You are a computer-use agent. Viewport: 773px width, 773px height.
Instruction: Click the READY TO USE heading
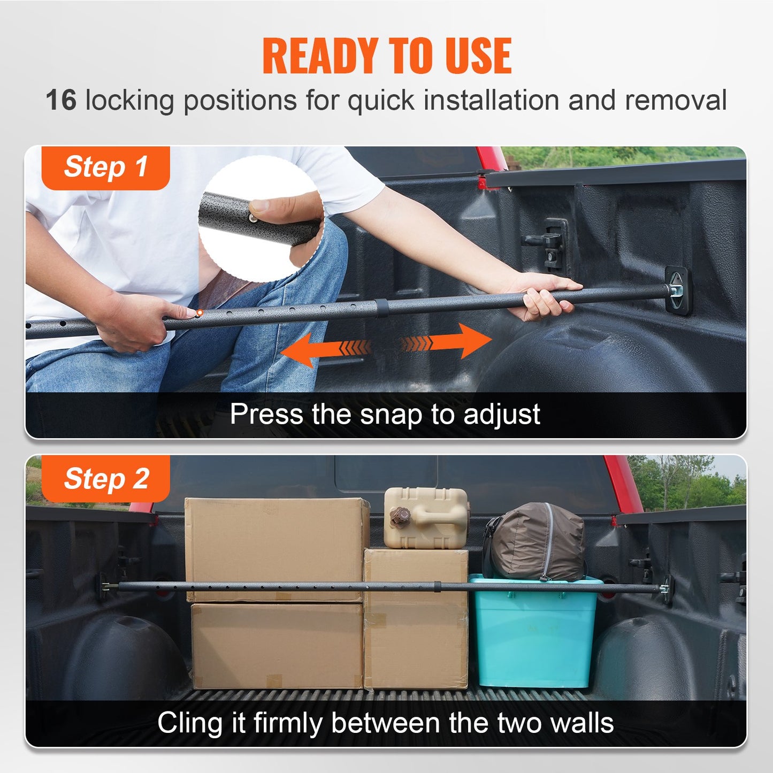point(387,56)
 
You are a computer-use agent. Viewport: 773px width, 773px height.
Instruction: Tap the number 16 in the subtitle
point(61,100)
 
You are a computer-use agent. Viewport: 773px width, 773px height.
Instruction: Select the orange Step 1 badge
point(105,167)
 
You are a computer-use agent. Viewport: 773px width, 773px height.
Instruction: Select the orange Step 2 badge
point(105,479)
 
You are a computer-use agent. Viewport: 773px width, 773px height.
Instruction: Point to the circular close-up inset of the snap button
point(261,218)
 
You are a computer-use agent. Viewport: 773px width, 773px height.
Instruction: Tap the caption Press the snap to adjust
point(385,414)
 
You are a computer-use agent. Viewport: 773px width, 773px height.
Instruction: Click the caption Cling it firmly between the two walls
point(385,723)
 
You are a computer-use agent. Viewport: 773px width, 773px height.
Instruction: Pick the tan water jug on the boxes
point(426,517)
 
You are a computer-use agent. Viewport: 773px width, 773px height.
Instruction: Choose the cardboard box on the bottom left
point(277,645)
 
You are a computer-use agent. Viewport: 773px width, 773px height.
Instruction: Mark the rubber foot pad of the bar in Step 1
point(678,291)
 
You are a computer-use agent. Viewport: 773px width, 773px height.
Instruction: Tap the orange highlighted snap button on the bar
point(199,312)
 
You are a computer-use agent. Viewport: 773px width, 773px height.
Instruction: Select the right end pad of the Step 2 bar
point(667,590)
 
